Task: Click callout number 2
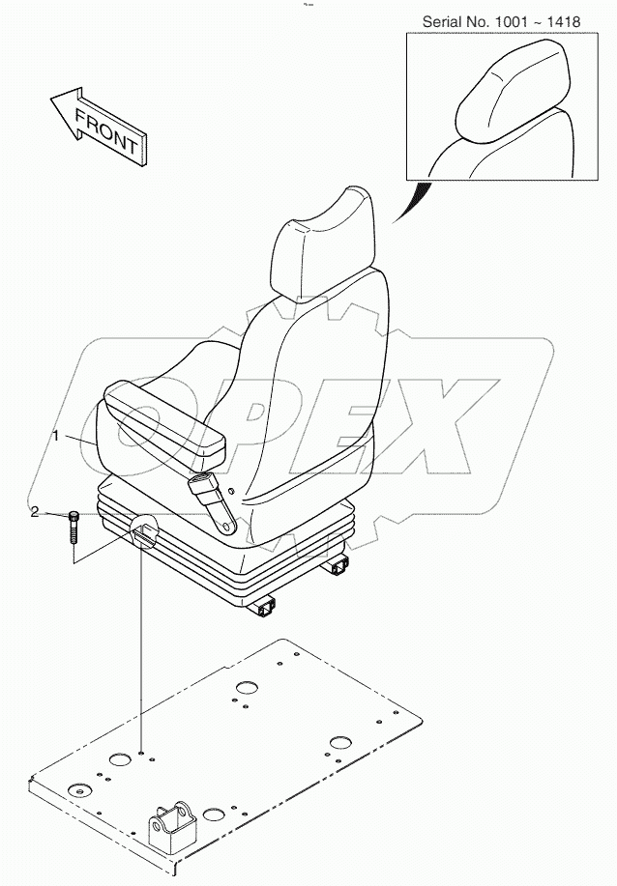point(34,512)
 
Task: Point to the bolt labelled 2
point(73,531)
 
